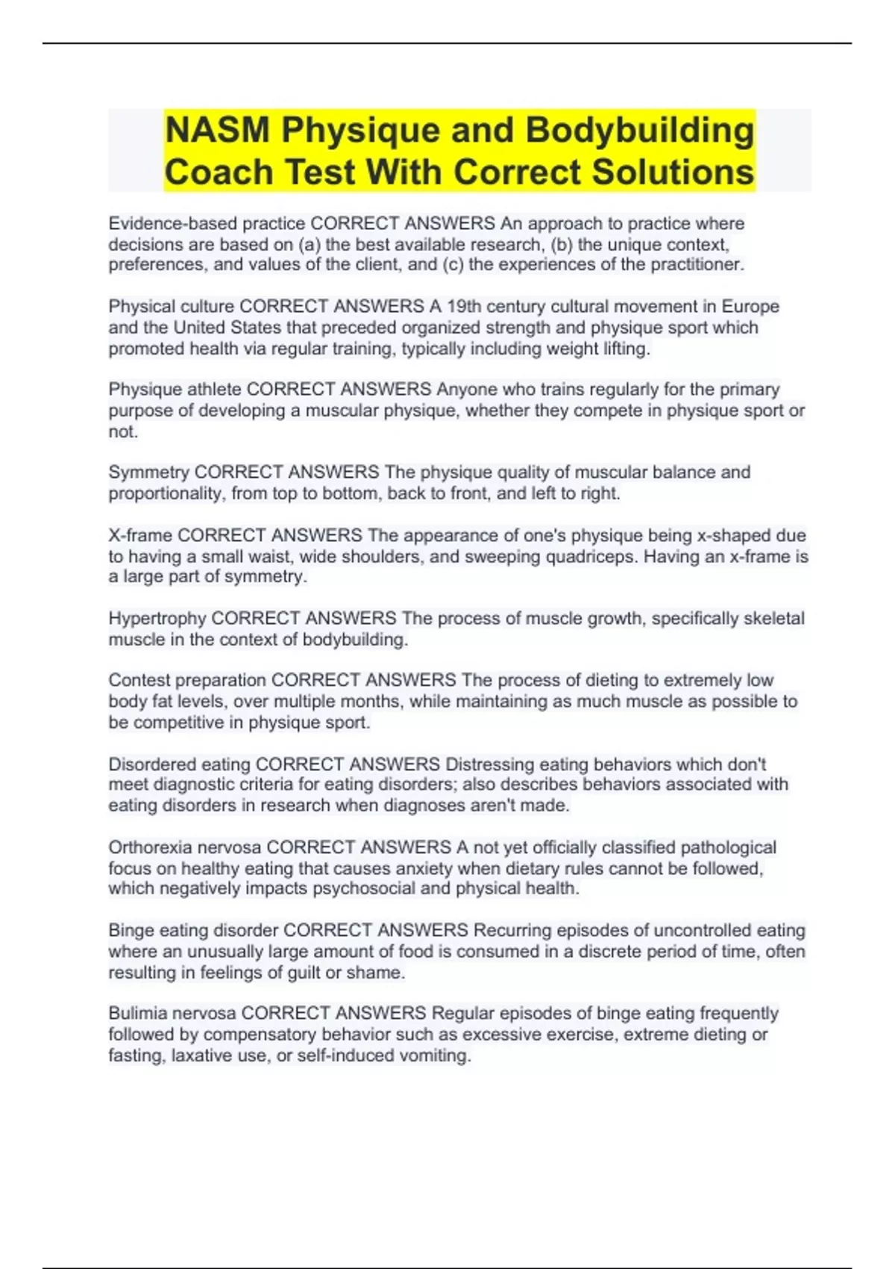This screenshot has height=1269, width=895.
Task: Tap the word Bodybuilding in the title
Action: tap(640, 131)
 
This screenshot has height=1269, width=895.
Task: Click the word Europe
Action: tap(750, 306)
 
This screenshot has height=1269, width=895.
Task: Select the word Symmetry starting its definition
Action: tap(148, 472)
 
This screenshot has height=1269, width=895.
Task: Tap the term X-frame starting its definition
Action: tap(140, 535)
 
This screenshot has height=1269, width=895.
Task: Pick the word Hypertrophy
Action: tap(157, 618)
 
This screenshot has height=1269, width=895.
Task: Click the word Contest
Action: tap(135, 680)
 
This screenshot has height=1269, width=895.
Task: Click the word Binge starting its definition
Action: tap(131, 930)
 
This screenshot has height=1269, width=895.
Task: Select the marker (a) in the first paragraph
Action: tap(309, 244)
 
